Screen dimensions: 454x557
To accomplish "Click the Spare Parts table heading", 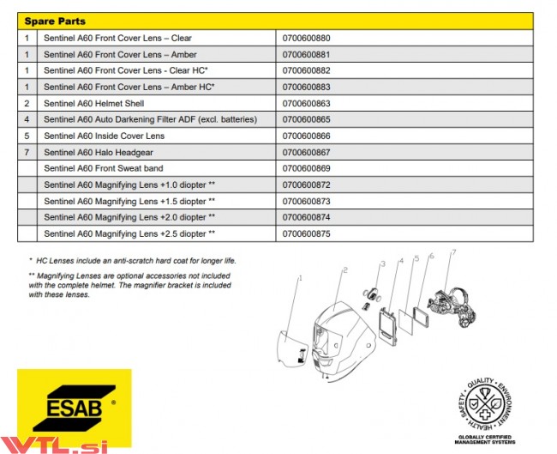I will pyautogui.click(x=55, y=21).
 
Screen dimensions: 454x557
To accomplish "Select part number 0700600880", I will pyautogui.click(x=306, y=39).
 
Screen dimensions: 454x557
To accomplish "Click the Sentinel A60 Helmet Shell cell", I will pyautogui.click(x=93, y=103).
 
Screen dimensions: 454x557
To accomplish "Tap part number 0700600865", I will pyautogui.click(x=306, y=119).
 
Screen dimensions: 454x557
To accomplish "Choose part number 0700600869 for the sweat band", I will pyautogui.click(x=306, y=168).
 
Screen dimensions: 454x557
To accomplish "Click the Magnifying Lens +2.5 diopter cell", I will pyautogui.click(x=129, y=233).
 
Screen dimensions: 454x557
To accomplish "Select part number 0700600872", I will pyautogui.click(x=306, y=185).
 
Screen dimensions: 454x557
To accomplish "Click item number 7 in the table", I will pyautogui.click(x=27, y=152).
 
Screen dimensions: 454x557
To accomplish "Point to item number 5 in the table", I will pyautogui.click(x=27, y=136).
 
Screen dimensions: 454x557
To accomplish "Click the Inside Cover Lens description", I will pyautogui.click(x=104, y=136).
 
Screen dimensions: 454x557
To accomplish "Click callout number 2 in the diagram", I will pyautogui.click(x=344, y=270).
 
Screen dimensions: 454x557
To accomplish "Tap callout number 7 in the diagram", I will pyautogui.click(x=453, y=251).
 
